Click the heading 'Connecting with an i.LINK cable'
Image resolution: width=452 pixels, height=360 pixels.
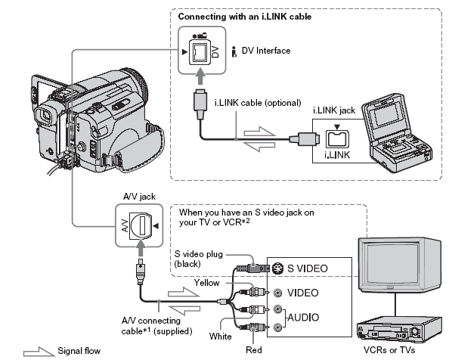pyautogui.click(x=244, y=17)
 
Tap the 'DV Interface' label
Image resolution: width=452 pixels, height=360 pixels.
pyautogui.click(x=266, y=51)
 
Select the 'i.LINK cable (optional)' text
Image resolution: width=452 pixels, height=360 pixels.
pyautogui.click(x=258, y=103)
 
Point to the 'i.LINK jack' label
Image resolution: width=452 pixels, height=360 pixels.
pyautogui.click(x=334, y=110)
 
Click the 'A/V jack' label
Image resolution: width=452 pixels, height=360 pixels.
pyautogui.click(x=139, y=197)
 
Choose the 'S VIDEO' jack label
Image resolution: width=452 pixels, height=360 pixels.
pyautogui.click(x=308, y=268)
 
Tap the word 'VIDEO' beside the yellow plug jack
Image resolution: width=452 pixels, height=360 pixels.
pyautogui.click(x=302, y=293)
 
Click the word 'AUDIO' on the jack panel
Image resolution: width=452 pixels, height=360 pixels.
pyautogui.click(x=303, y=318)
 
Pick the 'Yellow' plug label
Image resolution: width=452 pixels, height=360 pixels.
pyautogui.click(x=206, y=283)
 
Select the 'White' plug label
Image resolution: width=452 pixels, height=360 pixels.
pyautogui.click(x=220, y=337)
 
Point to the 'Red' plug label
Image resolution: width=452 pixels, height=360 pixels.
pyautogui.click(x=254, y=350)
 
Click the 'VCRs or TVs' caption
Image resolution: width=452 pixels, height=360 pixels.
pyautogui.click(x=389, y=350)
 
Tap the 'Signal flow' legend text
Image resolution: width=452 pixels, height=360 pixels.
pyautogui.click(x=79, y=351)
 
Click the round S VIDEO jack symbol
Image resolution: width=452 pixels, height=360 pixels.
pyautogui.click(x=277, y=268)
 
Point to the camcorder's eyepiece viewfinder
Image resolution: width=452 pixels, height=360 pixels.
pyautogui.click(x=45, y=116)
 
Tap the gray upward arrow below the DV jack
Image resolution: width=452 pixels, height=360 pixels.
pyautogui.click(x=200, y=76)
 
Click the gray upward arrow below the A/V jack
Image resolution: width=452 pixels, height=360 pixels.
pyautogui.click(x=141, y=247)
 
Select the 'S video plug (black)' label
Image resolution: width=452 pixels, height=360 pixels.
pyautogui.click(x=199, y=259)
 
